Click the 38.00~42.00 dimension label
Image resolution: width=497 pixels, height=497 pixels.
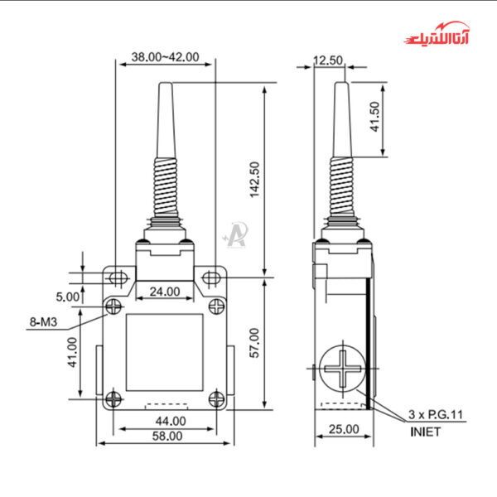tap(166, 57)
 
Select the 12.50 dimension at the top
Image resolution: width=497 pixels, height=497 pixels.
tap(328, 60)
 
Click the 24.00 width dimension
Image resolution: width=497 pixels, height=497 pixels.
tap(165, 291)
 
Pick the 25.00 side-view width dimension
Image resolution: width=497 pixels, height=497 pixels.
tap(343, 429)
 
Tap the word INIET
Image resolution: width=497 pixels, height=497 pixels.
tap(426, 431)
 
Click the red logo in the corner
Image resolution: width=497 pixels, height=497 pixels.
tap(437, 38)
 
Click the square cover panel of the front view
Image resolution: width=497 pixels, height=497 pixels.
tap(165, 352)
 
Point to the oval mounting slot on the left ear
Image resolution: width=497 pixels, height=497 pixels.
tap(118, 277)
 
